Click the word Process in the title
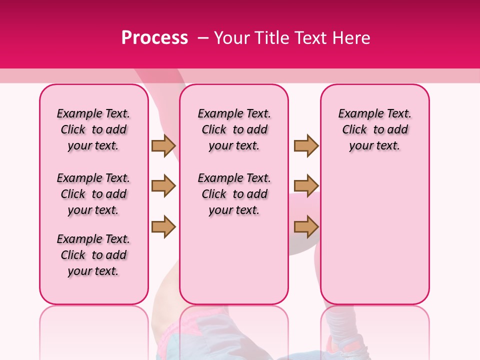pyautogui.click(x=154, y=38)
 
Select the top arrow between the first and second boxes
pyautogui.click(x=163, y=145)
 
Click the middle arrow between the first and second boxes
pyautogui.click(x=163, y=186)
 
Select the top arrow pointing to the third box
pyautogui.click(x=306, y=145)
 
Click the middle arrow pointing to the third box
pyautogui.click(x=306, y=186)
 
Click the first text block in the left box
pyautogui.click(x=93, y=129)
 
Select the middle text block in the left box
pyautogui.click(x=93, y=194)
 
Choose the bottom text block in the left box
pyautogui.click(x=93, y=255)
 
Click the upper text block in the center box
pyautogui.click(x=234, y=129)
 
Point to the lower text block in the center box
pyautogui.click(x=234, y=194)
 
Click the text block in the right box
pyautogui.click(x=374, y=129)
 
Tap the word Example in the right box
pyautogui.click(x=358, y=114)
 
